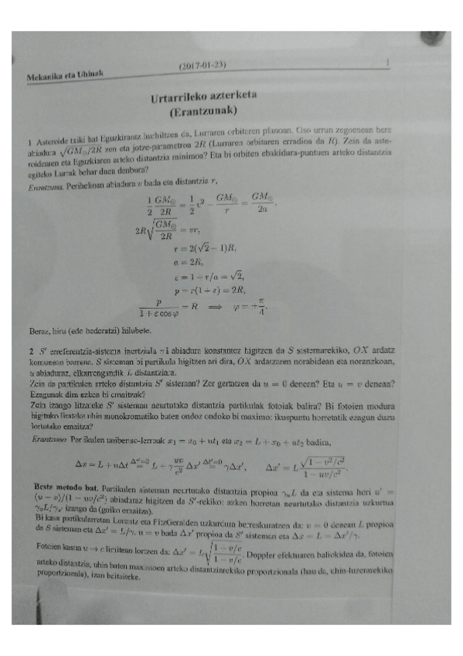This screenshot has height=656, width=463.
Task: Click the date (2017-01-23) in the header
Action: coord(205,65)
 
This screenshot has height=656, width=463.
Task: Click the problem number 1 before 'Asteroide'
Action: coord(29,142)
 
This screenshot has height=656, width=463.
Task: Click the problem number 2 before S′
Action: coord(29,352)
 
